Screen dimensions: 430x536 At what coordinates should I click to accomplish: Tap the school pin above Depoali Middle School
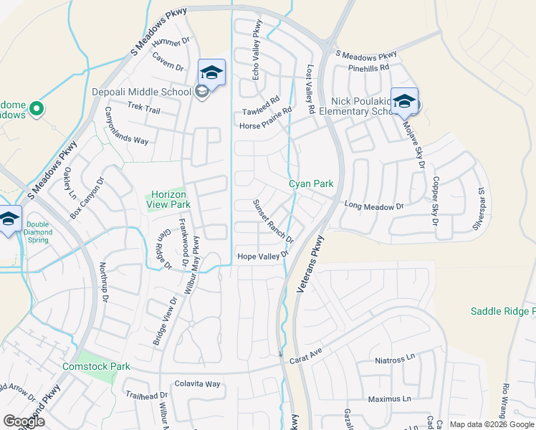(x=211, y=73)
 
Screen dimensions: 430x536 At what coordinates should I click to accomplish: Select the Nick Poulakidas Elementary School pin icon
(x=404, y=102)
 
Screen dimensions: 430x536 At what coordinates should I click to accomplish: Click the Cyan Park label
(x=311, y=184)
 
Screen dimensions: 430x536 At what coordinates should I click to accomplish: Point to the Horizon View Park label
(x=168, y=199)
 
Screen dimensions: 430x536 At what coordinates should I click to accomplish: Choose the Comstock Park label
(x=105, y=366)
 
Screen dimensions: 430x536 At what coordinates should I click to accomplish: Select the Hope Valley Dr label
(x=262, y=256)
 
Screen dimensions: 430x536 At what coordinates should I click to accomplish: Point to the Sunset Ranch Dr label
(x=273, y=221)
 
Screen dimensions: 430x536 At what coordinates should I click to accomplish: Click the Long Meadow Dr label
(x=374, y=206)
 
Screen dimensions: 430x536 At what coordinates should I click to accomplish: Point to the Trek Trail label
(x=144, y=108)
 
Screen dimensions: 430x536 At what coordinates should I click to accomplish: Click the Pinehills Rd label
(x=367, y=67)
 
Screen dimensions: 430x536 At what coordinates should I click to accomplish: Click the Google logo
(x=24, y=421)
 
